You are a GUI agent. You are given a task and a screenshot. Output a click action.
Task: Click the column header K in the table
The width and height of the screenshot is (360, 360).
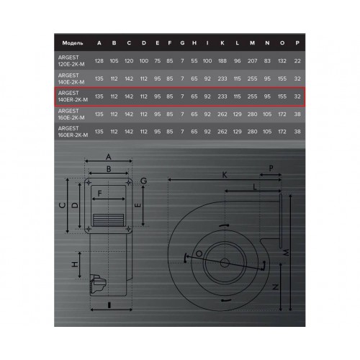tap(222, 43)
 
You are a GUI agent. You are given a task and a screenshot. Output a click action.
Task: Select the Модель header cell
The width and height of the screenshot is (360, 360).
tap(73, 43)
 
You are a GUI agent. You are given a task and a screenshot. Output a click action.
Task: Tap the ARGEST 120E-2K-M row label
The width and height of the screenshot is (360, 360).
tap(71, 60)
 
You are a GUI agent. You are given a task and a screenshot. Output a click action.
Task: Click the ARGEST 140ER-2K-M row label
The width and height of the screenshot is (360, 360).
tap(73, 96)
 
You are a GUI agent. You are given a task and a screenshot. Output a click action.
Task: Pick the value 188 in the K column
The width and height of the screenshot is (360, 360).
tap(222, 61)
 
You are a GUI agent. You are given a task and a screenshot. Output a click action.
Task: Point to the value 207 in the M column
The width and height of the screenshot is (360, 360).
tap(252, 61)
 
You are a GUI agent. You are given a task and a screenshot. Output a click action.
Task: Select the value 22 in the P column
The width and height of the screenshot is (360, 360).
tap(297, 61)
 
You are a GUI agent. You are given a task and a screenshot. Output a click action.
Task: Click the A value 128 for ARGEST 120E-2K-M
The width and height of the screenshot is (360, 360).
tap(99, 61)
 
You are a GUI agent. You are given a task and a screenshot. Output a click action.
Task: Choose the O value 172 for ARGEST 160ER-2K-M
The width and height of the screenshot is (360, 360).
tap(282, 132)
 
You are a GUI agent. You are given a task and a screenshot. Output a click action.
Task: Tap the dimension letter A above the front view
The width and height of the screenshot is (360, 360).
tap(109, 157)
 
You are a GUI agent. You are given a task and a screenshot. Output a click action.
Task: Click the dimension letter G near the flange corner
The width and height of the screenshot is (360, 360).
tap(143, 181)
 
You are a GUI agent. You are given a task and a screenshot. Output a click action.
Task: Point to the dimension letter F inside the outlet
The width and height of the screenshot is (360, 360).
tap(99, 193)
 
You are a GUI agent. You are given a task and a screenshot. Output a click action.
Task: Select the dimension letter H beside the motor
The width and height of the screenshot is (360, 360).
tap(75, 264)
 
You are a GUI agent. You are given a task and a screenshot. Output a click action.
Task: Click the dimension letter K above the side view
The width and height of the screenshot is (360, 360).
tap(225, 175)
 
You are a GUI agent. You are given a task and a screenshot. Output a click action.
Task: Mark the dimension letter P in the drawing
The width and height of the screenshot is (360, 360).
tap(271, 168)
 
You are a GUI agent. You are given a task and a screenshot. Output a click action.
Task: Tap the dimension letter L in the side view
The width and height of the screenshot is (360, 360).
tap(255, 186)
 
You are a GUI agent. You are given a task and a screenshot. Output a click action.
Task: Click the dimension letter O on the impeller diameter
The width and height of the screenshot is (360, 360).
tap(199, 253)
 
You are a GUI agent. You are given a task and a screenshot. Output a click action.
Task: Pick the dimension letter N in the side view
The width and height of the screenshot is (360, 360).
tap(276, 287)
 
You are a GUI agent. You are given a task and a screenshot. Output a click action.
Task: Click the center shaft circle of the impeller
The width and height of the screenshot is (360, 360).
tap(225, 263)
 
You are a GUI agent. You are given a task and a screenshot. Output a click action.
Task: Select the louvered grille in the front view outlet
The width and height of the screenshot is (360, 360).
tap(108, 220)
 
